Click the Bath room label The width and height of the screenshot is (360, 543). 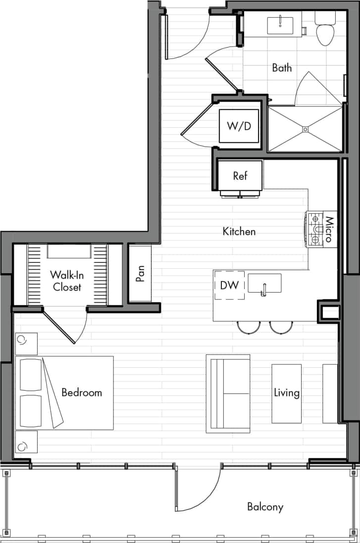pyautogui.click(x=282, y=68)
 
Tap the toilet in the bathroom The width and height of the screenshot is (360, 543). pyautogui.click(x=325, y=32)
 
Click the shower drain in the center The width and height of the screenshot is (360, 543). pyautogui.click(x=305, y=129)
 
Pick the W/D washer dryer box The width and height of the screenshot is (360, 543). pyautogui.click(x=239, y=126)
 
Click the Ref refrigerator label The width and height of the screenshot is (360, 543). pyautogui.click(x=240, y=176)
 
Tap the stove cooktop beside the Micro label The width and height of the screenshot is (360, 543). pyautogui.click(x=315, y=230)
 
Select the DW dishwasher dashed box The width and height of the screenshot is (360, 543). pyautogui.click(x=229, y=285)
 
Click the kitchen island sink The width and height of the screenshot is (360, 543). pyautogui.click(x=264, y=284)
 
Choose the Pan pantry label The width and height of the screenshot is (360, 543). pyautogui.click(x=141, y=274)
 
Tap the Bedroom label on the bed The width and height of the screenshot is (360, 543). pyautogui.click(x=82, y=393)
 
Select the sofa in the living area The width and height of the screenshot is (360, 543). pyautogui.click(x=228, y=394)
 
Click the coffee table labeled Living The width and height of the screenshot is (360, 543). pyautogui.click(x=287, y=393)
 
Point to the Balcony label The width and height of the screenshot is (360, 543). pyautogui.click(x=265, y=507)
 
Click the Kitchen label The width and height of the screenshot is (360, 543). pyautogui.click(x=239, y=231)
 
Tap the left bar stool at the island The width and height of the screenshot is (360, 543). pyautogui.click(x=249, y=327)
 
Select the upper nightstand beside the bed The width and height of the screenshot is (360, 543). pyautogui.click(x=26, y=343)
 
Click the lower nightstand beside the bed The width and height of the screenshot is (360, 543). pyautogui.click(x=26, y=442)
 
